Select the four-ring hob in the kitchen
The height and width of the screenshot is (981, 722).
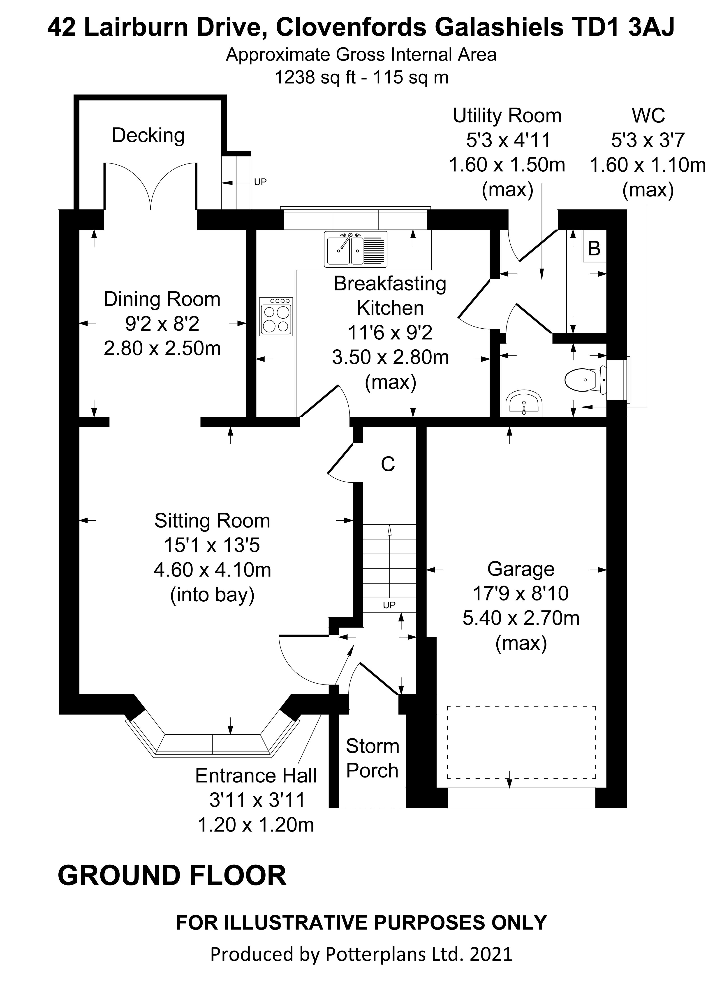pyautogui.click(x=276, y=317)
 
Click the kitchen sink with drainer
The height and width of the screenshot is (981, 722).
pyautogui.click(x=356, y=249)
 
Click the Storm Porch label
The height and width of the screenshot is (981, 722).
pyautogui.click(x=372, y=758)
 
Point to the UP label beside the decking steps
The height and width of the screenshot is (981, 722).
pyautogui.click(x=260, y=182)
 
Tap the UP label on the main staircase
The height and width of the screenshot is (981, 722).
pyautogui.click(x=389, y=605)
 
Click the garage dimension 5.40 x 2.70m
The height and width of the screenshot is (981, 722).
pyautogui.click(x=521, y=618)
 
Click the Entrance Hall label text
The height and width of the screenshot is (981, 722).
pyautogui.click(x=256, y=775)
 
